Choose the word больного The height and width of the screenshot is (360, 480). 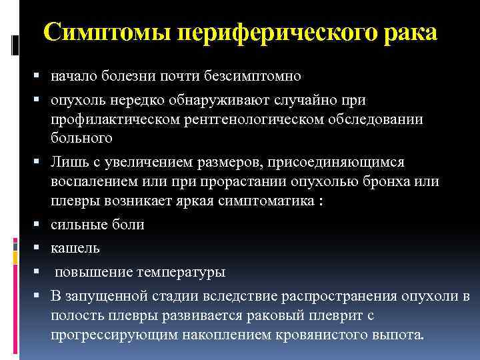pyautogui.click(x=81, y=138)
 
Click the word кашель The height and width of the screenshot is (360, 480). pyautogui.click(x=75, y=248)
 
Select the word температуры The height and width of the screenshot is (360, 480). pyautogui.click(x=181, y=272)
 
